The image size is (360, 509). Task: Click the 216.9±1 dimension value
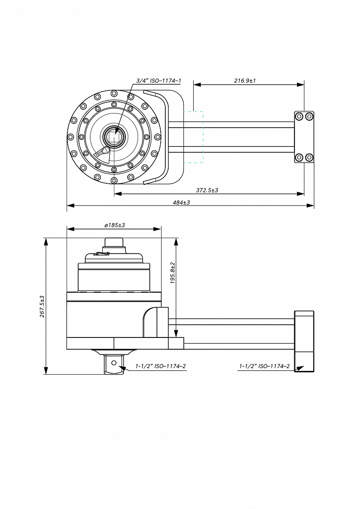point(245,81)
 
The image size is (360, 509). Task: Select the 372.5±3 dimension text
point(206,189)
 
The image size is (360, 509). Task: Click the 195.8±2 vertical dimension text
point(172,273)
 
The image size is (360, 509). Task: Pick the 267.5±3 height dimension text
point(42,306)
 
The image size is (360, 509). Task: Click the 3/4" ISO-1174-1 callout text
point(158,81)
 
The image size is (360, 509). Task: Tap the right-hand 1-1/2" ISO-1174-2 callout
point(264,366)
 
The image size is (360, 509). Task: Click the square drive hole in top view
point(114,137)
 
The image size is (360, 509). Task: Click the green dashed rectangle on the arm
point(193,137)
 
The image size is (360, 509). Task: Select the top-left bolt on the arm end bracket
point(299,116)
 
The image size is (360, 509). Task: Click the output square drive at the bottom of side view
point(114,364)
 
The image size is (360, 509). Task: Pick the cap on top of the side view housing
point(114,243)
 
